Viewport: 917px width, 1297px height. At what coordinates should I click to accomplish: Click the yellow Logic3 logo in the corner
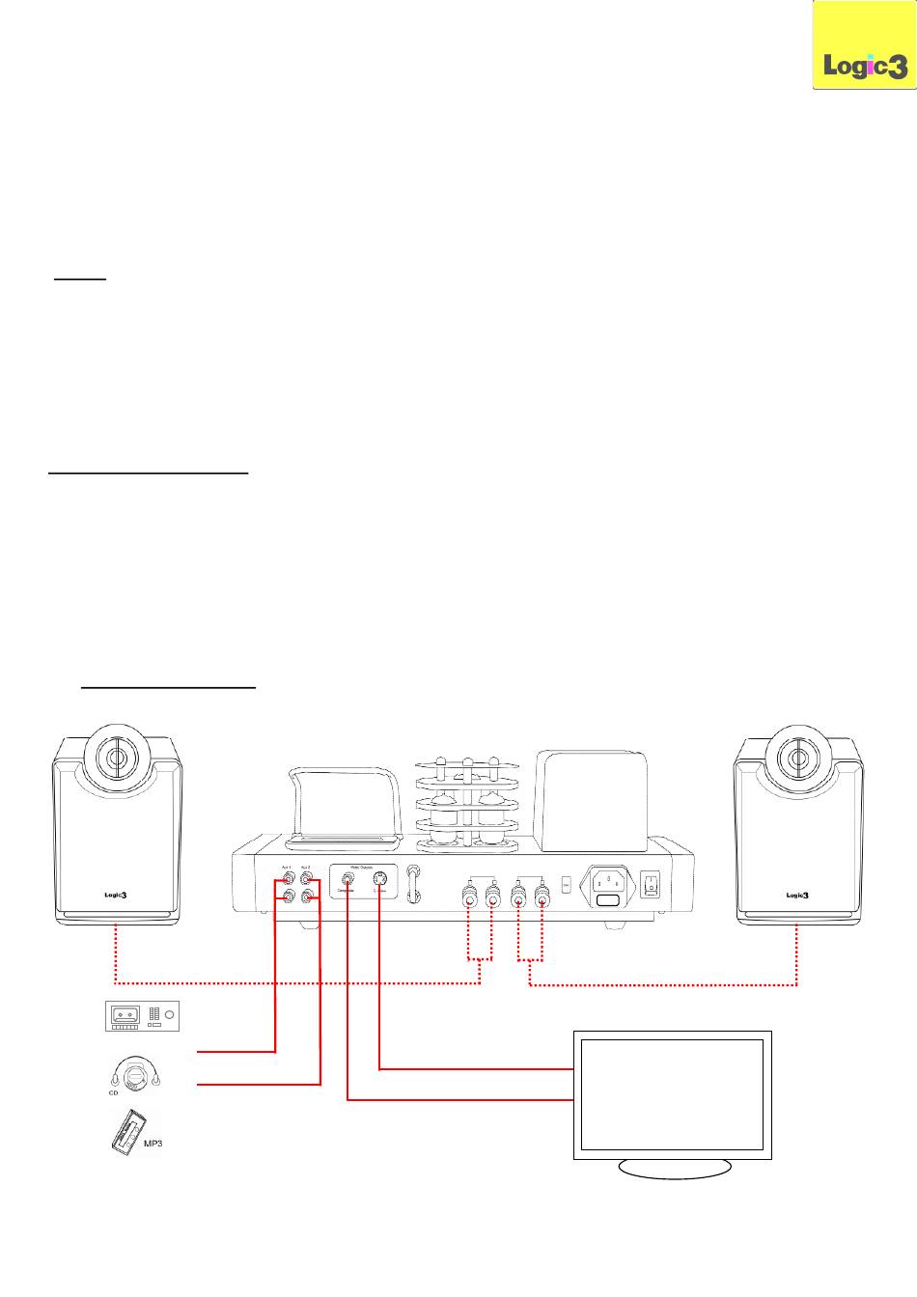(x=864, y=46)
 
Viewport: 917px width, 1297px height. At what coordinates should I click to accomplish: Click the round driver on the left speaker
(x=115, y=757)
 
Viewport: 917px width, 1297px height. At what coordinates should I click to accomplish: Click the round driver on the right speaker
(x=798, y=757)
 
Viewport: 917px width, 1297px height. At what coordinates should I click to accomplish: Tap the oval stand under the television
(x=674, y=1168)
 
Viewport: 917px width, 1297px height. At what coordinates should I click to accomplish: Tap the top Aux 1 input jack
(x=288, y=880)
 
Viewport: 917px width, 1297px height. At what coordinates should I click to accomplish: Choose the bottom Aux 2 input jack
(x=309, y=898)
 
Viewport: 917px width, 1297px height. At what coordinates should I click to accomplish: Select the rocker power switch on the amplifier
(x=652, y=882)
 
